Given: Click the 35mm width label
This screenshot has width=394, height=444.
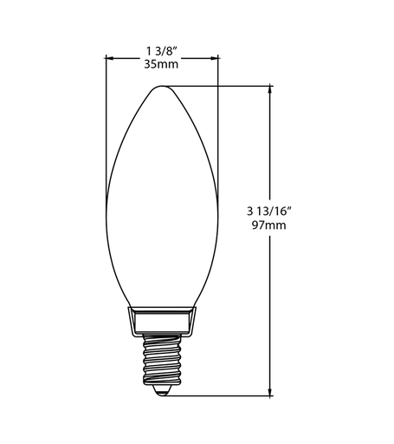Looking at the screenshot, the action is point(161,64).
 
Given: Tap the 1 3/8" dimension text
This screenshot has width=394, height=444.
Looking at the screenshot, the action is point(161,51).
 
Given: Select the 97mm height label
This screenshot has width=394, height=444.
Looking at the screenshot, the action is point(269,225).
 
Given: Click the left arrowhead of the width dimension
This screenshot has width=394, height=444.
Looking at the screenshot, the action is point(109,58).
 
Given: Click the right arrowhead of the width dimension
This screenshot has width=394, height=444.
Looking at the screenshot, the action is point(215,58).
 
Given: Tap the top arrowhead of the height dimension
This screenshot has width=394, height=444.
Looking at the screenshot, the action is point(270,89).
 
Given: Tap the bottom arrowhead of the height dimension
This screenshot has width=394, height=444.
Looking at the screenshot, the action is point(270,392).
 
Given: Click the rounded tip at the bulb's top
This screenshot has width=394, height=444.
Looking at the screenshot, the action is point(162,86).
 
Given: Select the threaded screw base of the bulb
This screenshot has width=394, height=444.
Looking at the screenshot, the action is point(162,359).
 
